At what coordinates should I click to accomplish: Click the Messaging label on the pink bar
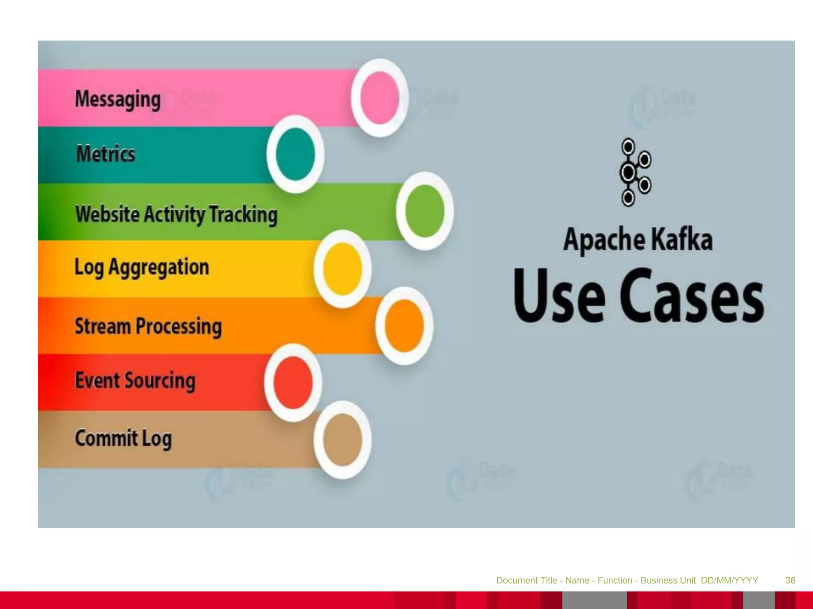118,99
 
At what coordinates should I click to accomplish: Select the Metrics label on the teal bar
106,154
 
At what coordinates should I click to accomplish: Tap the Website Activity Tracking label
176,214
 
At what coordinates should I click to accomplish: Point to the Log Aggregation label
142,267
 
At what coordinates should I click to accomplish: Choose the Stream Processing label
148,326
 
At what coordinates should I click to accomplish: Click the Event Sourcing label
135,381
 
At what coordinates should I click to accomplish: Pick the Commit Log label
123,438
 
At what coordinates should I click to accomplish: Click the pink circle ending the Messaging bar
380,98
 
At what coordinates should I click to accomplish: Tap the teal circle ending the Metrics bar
295,154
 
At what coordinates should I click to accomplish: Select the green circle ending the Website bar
425,211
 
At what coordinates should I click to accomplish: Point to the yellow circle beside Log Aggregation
342,269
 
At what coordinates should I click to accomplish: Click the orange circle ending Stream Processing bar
404,326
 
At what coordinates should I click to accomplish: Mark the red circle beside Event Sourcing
293,383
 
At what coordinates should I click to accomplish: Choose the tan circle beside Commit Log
342,440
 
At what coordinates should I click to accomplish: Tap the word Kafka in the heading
682,239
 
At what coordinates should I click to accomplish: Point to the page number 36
790,580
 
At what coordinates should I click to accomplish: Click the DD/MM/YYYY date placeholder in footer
729,580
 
